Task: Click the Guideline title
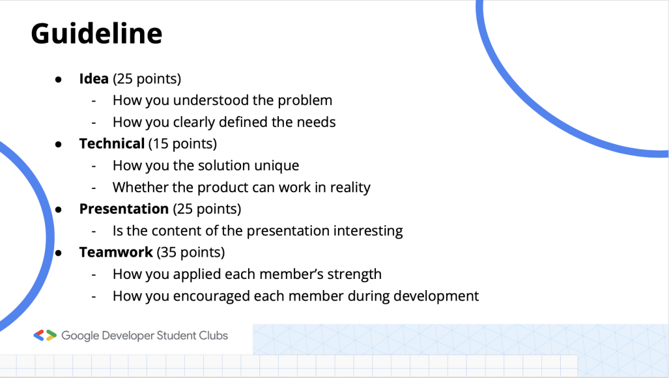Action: click(x=96, y=34)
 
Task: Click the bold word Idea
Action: click(x=94, y=78)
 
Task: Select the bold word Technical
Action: click(x=112, y=143)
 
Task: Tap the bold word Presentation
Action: click(x=124, y=209)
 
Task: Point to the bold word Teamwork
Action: click(x=116, y=252)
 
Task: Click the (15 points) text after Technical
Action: click(x=182, y=144)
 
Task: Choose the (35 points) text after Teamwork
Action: click(x=191, y=253)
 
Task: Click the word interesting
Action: click(x=368, y=231)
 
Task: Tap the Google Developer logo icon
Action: click(x=45, y=336)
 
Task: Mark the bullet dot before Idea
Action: click(x=59, y=80)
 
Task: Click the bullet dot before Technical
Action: click(x=59, y=144)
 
